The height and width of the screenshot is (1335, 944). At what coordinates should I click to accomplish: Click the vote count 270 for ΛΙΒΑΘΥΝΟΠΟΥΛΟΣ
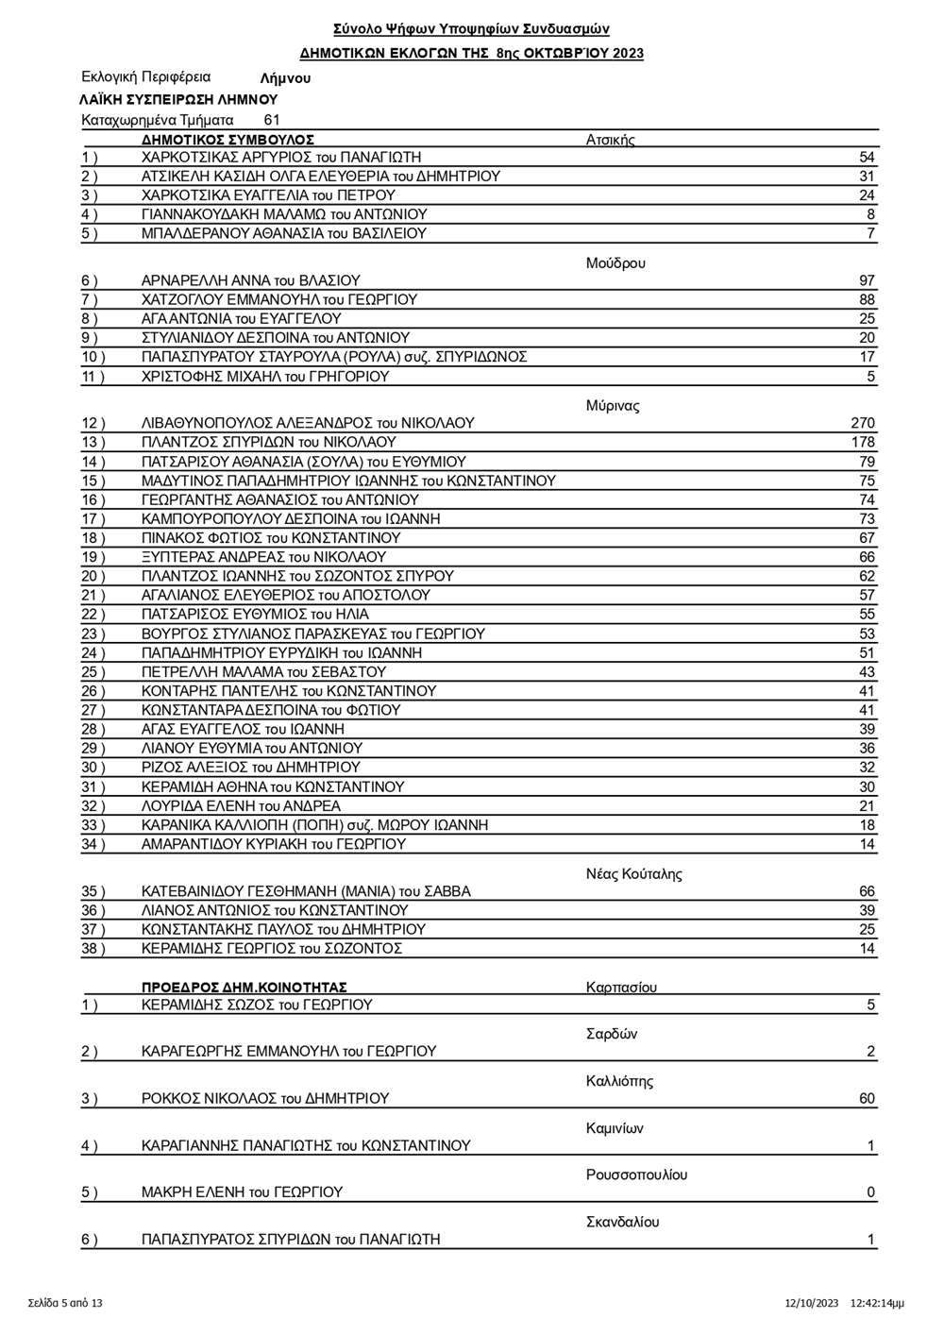[862, 423]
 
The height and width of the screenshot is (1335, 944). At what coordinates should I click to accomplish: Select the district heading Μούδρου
[615, 263]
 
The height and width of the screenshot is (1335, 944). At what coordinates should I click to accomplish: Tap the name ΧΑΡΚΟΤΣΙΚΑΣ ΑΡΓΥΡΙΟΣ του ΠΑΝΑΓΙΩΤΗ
[281, 157]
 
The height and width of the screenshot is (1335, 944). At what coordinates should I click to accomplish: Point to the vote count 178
[862, 442]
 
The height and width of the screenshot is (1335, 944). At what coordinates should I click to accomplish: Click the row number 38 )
[93, 948]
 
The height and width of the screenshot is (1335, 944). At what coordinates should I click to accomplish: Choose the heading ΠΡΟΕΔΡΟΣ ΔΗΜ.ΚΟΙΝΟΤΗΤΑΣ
[244, 988]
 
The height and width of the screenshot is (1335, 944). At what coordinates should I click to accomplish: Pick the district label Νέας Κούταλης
[633, 873]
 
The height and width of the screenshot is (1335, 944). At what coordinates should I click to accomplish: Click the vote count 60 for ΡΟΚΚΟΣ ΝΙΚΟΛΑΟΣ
[867, 1098]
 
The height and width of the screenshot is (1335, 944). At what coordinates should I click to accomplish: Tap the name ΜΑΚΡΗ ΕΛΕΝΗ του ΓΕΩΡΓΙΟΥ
[242, 1192]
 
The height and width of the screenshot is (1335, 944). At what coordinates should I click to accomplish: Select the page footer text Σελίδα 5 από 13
[65, 1303]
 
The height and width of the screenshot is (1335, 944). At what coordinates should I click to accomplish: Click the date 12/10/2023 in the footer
[812, 1303]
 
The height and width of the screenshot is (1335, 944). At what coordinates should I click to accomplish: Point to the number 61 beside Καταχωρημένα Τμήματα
[272, 120]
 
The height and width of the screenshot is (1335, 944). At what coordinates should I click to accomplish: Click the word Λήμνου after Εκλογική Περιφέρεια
[285, 79]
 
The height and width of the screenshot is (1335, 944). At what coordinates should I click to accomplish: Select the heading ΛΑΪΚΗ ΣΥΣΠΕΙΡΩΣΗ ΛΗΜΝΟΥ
[179, 99]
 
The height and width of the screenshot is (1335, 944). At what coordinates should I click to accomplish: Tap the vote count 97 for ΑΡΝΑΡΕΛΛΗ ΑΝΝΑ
[867, 280]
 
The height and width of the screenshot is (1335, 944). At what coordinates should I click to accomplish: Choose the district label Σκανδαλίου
[622, 1222]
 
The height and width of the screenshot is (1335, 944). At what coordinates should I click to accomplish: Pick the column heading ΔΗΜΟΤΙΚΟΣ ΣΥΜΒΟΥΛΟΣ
[228, 139]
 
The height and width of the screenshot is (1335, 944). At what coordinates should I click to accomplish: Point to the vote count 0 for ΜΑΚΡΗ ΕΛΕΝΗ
[871, 1192]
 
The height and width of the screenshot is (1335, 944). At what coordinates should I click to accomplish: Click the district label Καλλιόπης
[619, 1081]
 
